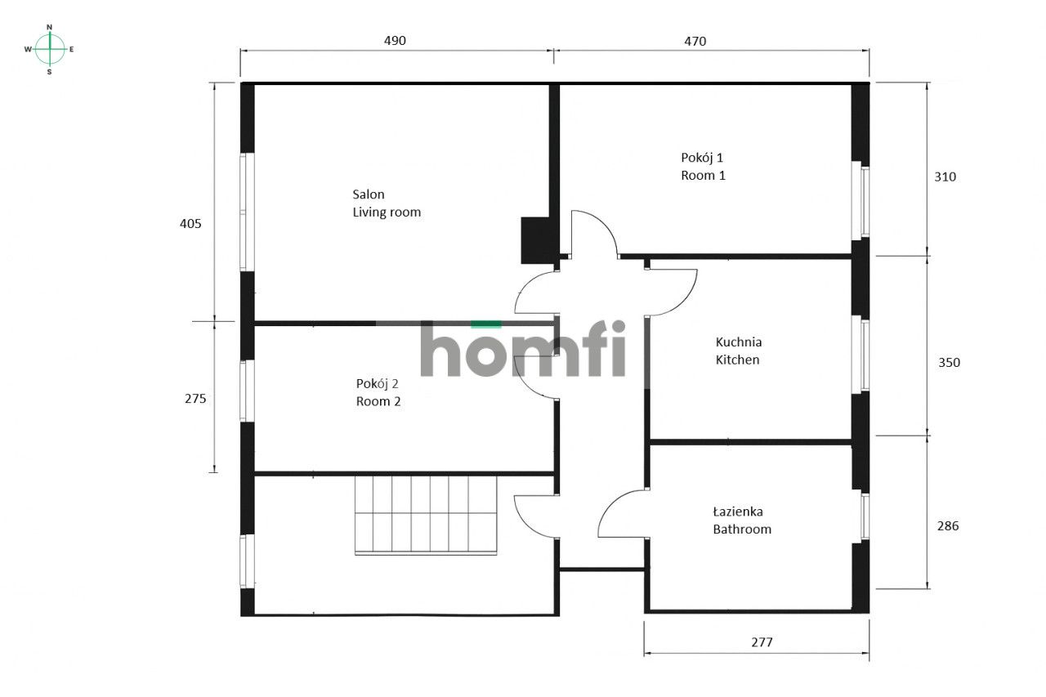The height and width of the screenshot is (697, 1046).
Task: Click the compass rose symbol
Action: coord(50,49)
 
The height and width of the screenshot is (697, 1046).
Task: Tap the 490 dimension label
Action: coord(395,40)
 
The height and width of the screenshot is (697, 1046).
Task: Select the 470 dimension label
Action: coord(695,40)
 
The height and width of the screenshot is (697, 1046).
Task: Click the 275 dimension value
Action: coord(196,399)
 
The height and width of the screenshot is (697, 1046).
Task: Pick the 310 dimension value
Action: coord(945,176)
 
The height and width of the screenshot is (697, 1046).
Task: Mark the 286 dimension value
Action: coord(948,525)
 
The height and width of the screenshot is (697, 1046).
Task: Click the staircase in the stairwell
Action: coord(425,514)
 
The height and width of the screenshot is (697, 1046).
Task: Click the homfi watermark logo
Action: coord(523,349)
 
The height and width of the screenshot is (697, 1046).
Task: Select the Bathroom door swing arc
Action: coord(621,513)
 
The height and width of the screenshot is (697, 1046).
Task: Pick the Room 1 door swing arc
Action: coord(594,233)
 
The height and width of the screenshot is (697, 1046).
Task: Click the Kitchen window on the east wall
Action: coord(860,353)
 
